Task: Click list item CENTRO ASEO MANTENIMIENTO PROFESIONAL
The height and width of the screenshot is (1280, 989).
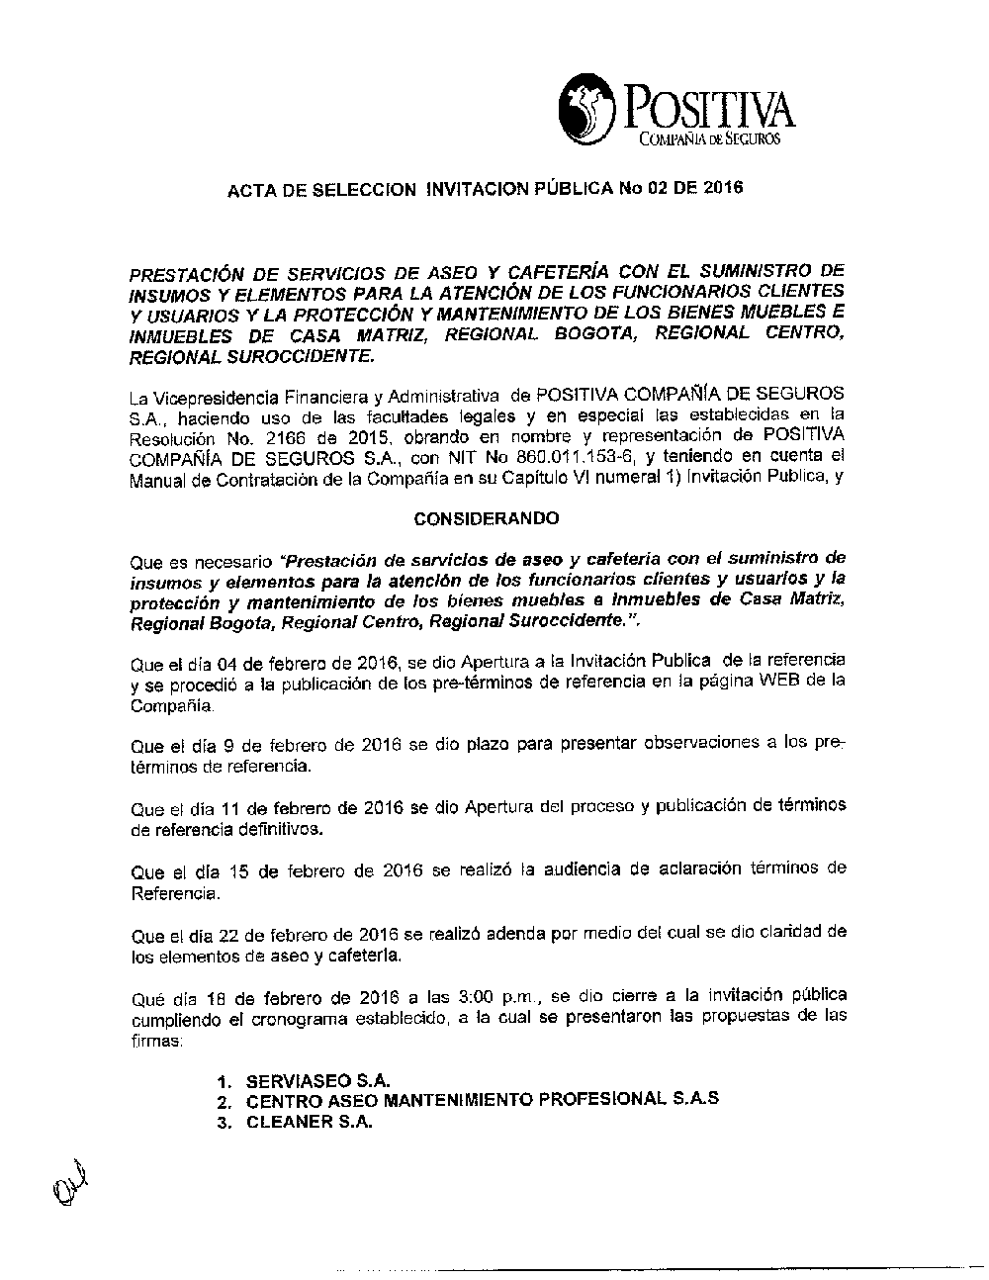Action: (x=482, y=1101)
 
